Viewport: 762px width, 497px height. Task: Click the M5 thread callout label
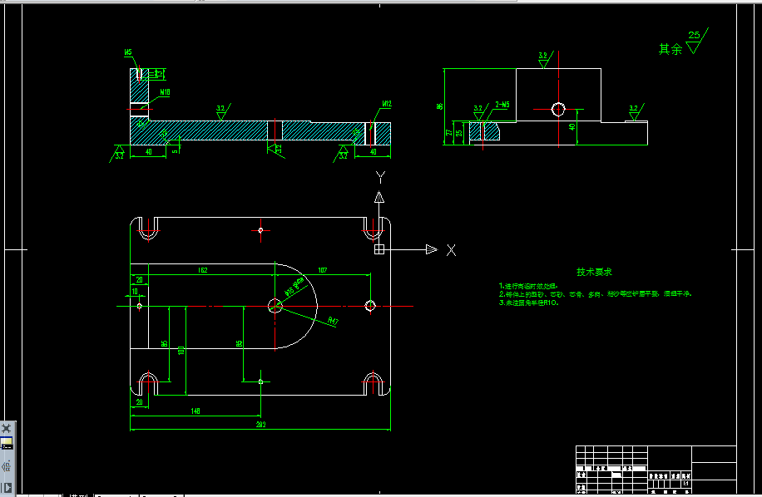(x=128, y=52)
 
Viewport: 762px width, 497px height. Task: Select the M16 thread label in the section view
(x=165, y=92)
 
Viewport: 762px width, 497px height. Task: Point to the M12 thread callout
(x=386, y=104)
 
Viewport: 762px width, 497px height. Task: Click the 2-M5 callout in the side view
(x=502, y=105)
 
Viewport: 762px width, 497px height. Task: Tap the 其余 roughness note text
(x=670, y=49)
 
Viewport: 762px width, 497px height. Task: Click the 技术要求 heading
(x=594, y=272)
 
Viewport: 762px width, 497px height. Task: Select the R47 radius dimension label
(x=333, y=321)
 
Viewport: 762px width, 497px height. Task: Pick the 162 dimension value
(x=202, y=270)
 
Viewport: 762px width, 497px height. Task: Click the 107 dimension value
(x=323, y=270)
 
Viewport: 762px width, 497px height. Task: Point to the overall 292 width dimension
(x=260, y=425)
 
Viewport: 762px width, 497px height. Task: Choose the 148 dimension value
(x=195, y=411)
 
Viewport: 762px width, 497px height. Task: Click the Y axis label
(x=379, y=177)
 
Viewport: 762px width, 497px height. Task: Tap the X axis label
(x=451, y=250)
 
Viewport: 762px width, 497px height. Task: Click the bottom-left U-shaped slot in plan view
(x=149, y=383)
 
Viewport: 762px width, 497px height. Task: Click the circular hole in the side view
(x=558, y=108)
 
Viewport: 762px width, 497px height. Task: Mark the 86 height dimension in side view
(x=439, y=106)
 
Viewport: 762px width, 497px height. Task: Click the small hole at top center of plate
(x=261, y=229)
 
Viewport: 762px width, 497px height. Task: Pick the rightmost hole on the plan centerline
(x=370, y=306)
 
